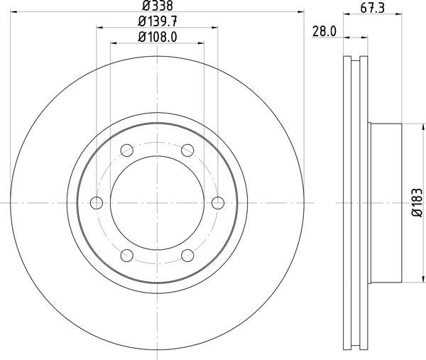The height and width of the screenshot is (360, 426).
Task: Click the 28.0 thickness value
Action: click(x=324, y=32)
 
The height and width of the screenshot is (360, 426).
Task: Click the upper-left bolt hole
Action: click(x=127, y=150)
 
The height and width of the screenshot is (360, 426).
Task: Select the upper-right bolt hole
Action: click(x=187, y=150)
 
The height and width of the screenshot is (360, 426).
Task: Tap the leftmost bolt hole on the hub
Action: click(x=97, y=202)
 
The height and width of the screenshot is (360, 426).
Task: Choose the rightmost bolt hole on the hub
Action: click(x=218, y=202)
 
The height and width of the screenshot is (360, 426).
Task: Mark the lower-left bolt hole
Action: click(x=127, y=255)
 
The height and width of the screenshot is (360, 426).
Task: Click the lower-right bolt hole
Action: click(x=187, y=255)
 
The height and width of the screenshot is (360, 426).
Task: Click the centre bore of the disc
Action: click(x=157, y=202)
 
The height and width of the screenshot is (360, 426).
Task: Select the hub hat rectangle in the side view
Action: click(x=386, y=202)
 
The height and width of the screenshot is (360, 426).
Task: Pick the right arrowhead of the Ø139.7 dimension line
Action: click(x=215, y=27)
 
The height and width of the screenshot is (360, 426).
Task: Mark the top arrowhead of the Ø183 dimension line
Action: click(x=413, y=125)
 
